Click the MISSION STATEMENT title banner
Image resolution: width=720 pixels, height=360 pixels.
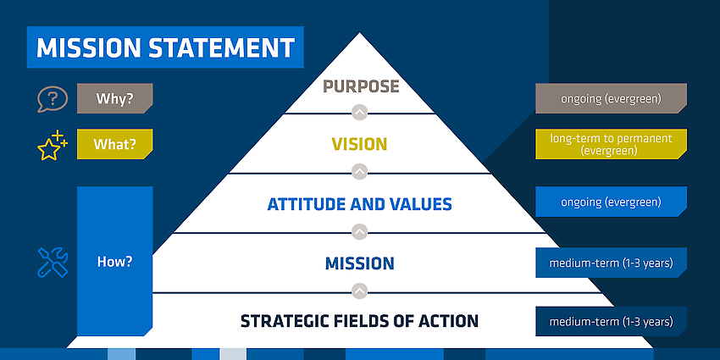pos(165,47)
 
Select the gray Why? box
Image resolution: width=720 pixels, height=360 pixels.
pos(115,98)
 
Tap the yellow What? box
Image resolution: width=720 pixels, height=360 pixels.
pos(115,144)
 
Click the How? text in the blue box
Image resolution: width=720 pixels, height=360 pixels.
pos(115,262)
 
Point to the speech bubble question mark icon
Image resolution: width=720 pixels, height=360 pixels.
pos(53,99)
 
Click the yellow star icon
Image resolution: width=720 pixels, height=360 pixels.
pos(52,146)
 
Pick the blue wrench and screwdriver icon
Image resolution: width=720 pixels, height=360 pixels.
pos(53,263)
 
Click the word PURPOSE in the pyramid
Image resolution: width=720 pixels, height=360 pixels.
pos(361,86)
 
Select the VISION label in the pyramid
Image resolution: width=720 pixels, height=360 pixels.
pos(359,144)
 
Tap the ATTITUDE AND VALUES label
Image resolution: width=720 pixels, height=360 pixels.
pos(359,204)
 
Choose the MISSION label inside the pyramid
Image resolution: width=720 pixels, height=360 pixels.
pos(359,263)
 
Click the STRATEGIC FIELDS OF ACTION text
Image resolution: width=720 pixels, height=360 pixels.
pos(359,321)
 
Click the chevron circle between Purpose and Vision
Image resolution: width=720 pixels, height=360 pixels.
pos(360,113)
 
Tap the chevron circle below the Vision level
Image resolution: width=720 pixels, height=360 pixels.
pos(360,172)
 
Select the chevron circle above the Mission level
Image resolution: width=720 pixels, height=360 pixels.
pos(360,231)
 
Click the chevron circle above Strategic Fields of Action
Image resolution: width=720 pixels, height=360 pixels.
pos(360,291)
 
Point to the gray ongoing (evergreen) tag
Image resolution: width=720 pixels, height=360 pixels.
pos(612,98)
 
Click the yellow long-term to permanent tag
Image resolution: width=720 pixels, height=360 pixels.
pos(612,144)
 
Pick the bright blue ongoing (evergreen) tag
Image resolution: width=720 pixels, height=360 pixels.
pos(612,202)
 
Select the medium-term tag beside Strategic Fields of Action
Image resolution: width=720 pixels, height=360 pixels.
pos(612,321)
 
